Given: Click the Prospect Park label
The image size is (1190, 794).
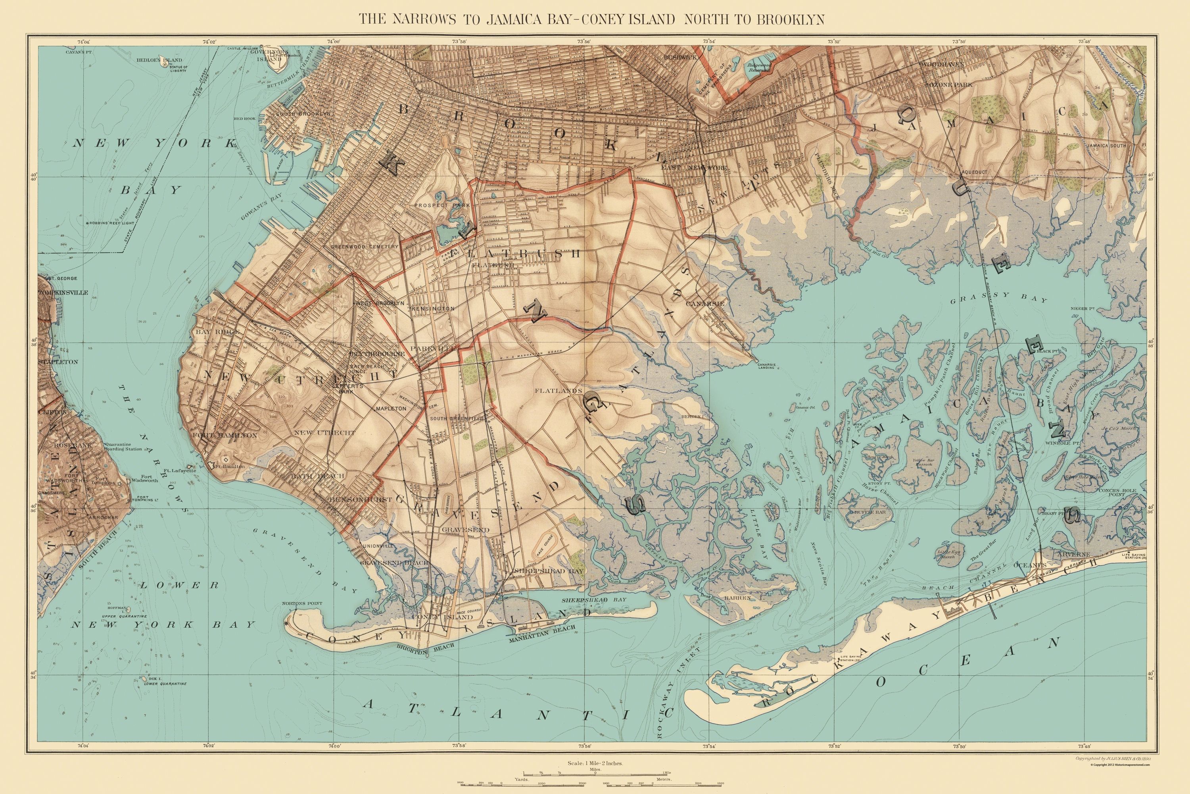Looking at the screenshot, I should pyautogui.click(x=442, y=206).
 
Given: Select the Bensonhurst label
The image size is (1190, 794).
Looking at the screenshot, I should pyautogui.click(x=353, y=499).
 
